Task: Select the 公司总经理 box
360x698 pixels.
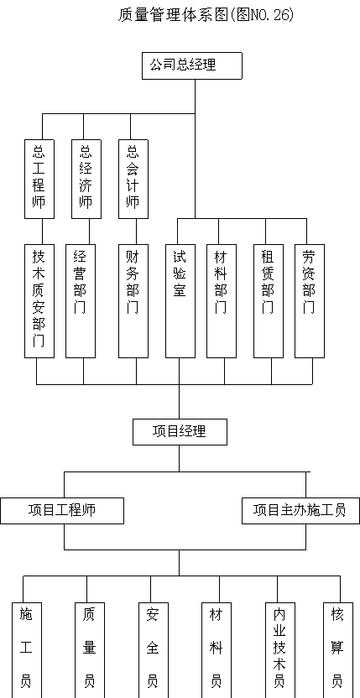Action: tap(192, 66)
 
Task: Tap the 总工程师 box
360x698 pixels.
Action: tap(39, 179)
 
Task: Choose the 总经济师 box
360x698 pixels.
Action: tap(86, 179)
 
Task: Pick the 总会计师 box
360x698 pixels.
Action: tap(133, 179)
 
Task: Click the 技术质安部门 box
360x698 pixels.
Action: tap(39, 301)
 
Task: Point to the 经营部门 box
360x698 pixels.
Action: tap(81, 301)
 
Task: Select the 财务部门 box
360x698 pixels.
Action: tap(133, 301)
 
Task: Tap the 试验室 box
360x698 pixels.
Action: tap(180, 301)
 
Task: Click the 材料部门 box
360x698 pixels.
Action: tap(222, 301)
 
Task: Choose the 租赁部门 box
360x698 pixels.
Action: tap(269, 301)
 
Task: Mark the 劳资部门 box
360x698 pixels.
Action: tap(310, 301)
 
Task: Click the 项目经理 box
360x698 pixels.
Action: tap(180, 432)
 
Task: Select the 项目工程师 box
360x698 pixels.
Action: tap(62, 511)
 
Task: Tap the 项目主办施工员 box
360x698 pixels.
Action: tap(300, 511)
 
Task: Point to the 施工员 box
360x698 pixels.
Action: tap(26, 650)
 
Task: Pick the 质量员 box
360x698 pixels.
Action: tap(90, 650)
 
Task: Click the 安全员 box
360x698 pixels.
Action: tap(154, 650)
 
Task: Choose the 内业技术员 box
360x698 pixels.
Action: tap(280, 650)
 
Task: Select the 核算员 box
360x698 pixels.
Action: tap(337, 650)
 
